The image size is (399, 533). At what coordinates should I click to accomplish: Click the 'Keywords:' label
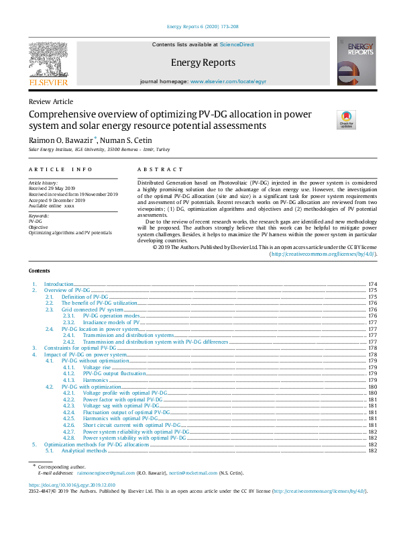pos(39,215)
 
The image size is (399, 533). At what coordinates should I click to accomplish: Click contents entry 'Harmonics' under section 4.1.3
pos(97,380)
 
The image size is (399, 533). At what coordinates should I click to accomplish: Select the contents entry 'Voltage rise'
pos(98,368)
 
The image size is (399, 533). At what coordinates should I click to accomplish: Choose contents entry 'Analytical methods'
pos(84,450)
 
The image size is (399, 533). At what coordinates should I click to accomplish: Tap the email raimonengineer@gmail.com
pos(105,473)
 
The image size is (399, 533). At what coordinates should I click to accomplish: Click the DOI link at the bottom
pos(72,485)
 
